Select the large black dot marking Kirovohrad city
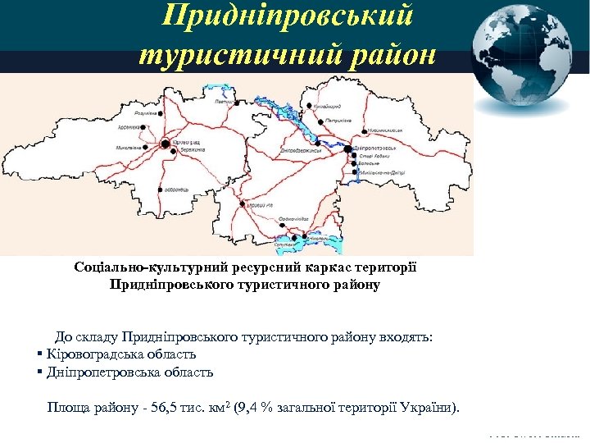(165, 144)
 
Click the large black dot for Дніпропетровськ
(347, 149)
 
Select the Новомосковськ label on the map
(385, 130)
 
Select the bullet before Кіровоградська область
(39, 354)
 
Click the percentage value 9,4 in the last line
(249, 408)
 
